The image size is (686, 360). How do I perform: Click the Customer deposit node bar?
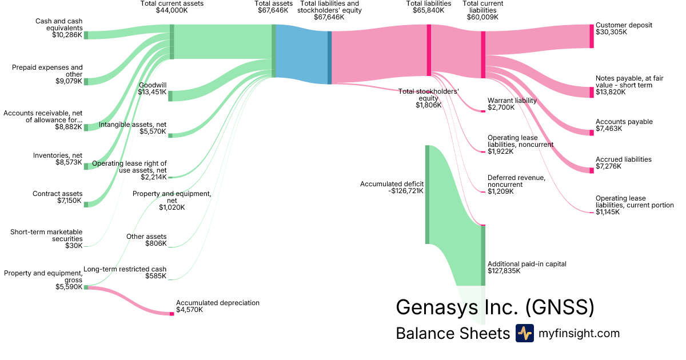[592, 36]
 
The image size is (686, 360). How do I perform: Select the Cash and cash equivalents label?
[59, 25]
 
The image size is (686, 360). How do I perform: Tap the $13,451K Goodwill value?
[152, 92]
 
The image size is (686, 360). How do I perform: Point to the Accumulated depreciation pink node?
[171, 314]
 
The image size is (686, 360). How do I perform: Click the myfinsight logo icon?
[524, 333]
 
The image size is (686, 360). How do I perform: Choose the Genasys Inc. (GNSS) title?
[495, 307]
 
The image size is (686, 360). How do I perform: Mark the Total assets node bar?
[274, 51]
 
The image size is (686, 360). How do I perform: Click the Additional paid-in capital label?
[527, 264]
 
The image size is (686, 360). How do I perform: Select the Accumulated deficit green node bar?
[427, 194]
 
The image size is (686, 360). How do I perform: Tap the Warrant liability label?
[512, 101]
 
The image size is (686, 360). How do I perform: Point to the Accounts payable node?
[592, 133]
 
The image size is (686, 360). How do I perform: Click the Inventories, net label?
[58, 155]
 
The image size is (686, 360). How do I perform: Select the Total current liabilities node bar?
[483, 54]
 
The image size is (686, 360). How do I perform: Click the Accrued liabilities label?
[623, 159]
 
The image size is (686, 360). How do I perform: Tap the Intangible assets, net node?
[170, 135]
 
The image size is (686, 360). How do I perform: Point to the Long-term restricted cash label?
[125, 269]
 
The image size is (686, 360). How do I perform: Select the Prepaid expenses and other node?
[86, 82]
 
